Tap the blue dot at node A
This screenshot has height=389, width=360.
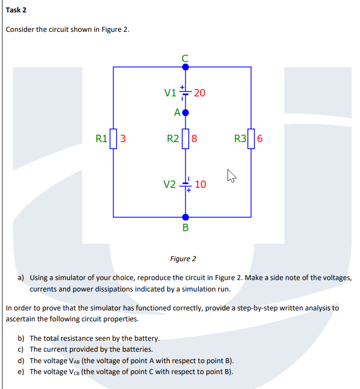pos(186,112)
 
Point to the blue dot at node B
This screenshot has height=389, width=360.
pos(186,217)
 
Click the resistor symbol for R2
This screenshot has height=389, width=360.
pos(186,138)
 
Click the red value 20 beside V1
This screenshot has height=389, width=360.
pos(200,93)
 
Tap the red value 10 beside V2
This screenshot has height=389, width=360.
pos(200,185)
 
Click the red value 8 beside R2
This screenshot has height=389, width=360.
pos(195,138)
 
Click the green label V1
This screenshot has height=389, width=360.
pos(170,93)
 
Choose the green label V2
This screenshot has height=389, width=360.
pos(170,185)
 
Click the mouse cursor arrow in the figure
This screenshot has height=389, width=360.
pos(230,175)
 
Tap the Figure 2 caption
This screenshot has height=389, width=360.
pos(183,259)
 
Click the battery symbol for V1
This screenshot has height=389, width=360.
pos(186,92)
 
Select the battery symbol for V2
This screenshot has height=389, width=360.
pos(186,185)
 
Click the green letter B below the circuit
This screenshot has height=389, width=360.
pos(186,228)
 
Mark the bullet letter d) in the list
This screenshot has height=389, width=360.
pos(21,361)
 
